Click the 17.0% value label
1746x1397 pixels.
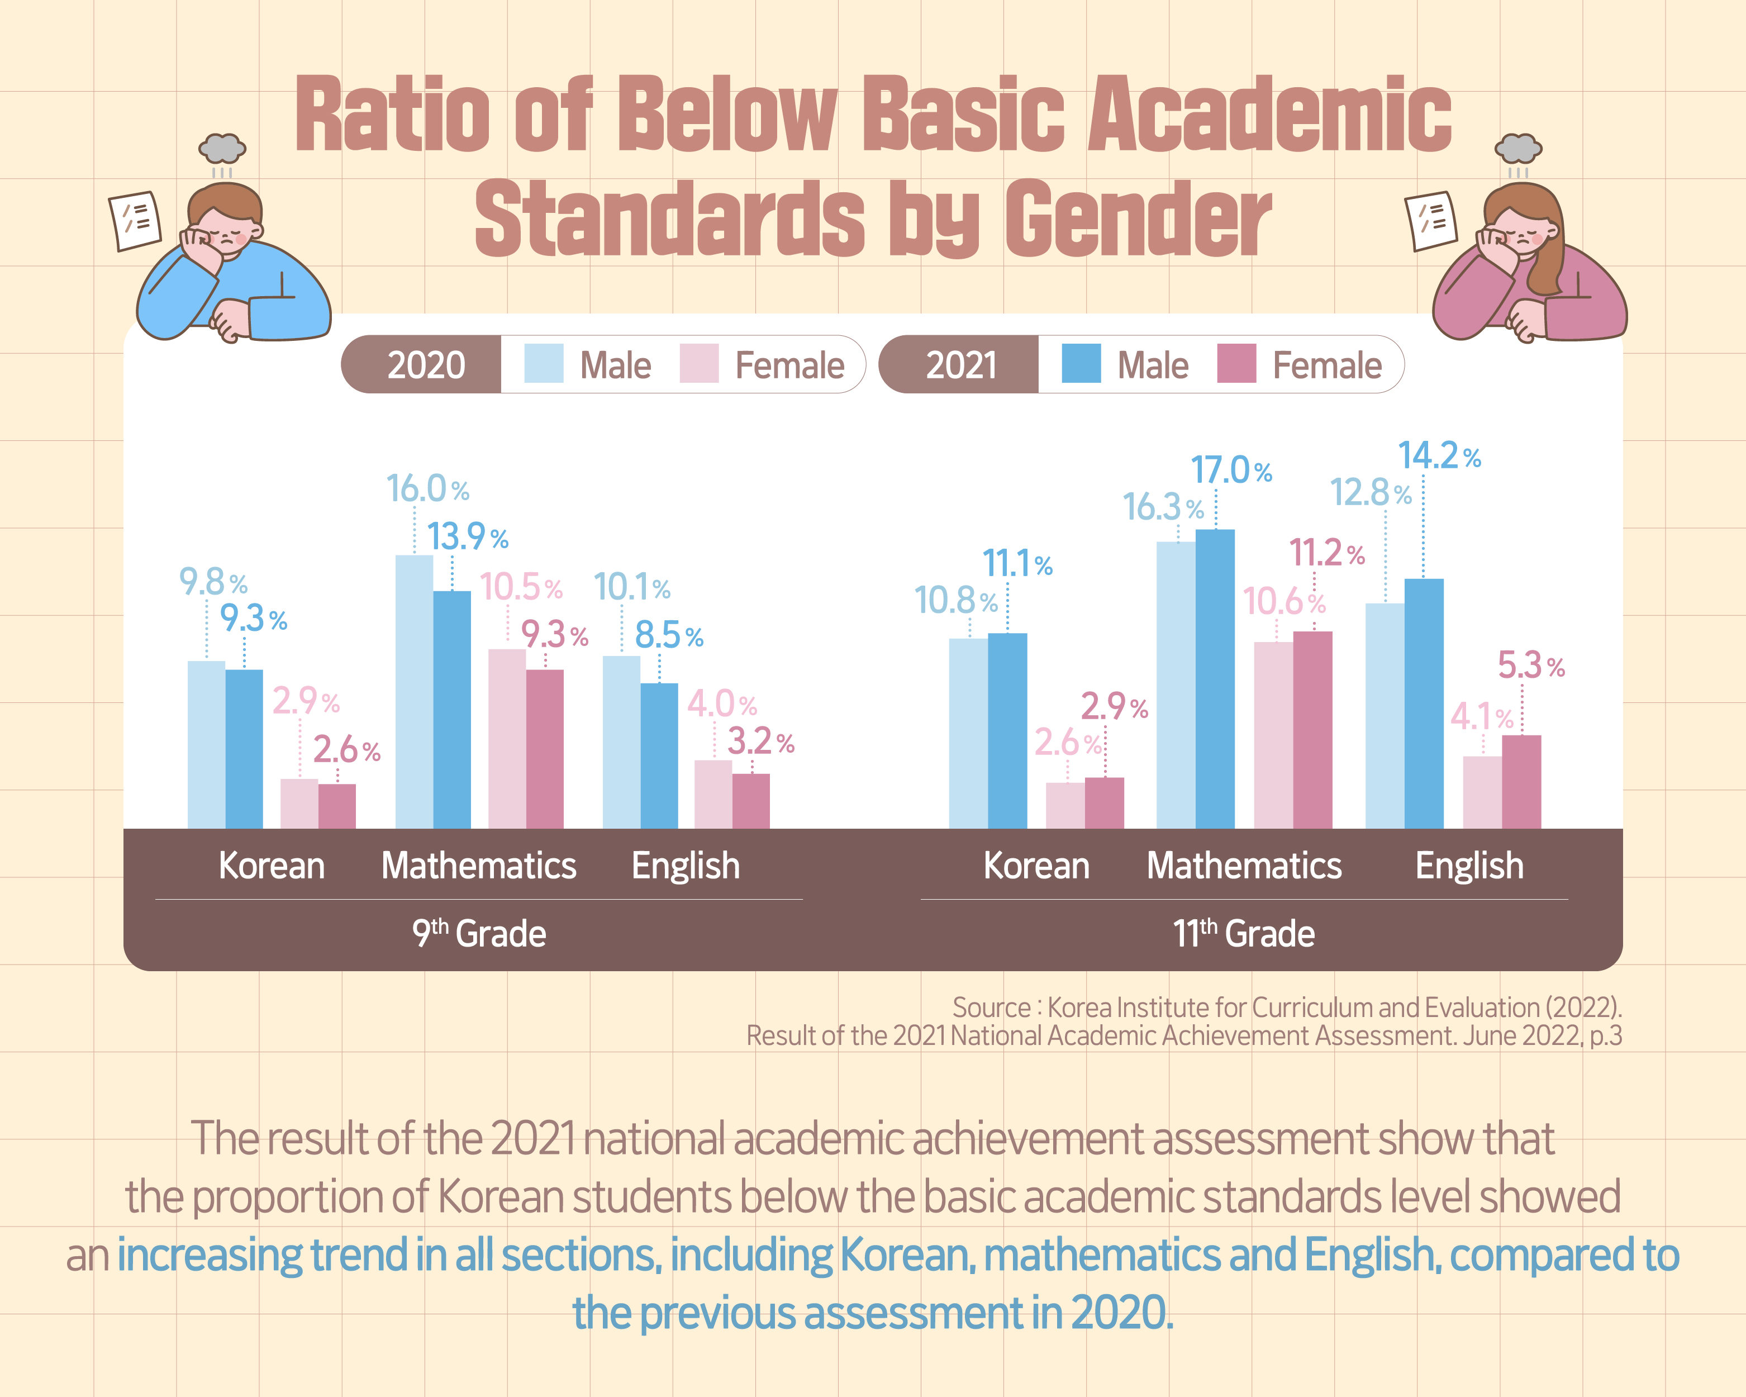click(x=1230, y=470)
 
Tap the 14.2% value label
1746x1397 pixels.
click(x=1439, y=456)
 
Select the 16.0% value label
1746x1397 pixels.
click(x=427, y=488)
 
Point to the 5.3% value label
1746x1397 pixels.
click(x=1530, y=666)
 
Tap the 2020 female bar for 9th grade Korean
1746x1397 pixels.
click(x=299, y=804)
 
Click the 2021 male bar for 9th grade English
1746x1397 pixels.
click(x=659, y=755)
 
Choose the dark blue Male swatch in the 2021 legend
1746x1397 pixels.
click(x=1081, y=364)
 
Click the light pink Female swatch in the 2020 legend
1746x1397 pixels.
click(x=699, y=364)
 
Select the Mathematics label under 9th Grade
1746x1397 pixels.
click(x=479, y=866)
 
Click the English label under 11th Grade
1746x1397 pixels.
click(x=1469, y=866)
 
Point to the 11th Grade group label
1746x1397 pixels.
click(x=1244, y=934)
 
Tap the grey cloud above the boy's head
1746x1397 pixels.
click(x=222, y=148)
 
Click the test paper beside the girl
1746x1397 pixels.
click(x=1430, y=220)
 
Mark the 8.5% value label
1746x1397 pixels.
click(x=668, y=636)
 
